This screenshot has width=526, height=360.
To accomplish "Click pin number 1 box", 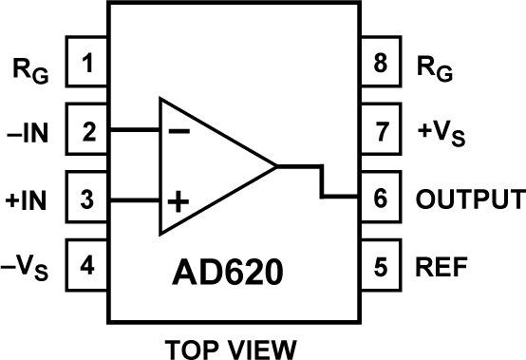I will [88, 66].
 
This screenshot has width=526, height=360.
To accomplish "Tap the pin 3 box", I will [88, 200].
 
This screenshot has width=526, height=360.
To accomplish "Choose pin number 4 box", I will [88, 267].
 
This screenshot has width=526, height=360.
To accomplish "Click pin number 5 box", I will [382, 267].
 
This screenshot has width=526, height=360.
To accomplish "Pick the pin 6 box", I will [382, 200].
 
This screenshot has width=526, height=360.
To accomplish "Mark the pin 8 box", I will [382, 66].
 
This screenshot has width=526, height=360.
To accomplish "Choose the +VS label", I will [440, 134].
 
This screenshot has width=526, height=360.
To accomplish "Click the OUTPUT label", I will [470, 200].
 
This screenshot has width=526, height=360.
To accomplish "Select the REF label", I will [442, 267].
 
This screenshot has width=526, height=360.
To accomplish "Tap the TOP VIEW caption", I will [234, 344].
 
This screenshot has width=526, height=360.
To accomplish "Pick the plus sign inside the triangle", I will [178, 201].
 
